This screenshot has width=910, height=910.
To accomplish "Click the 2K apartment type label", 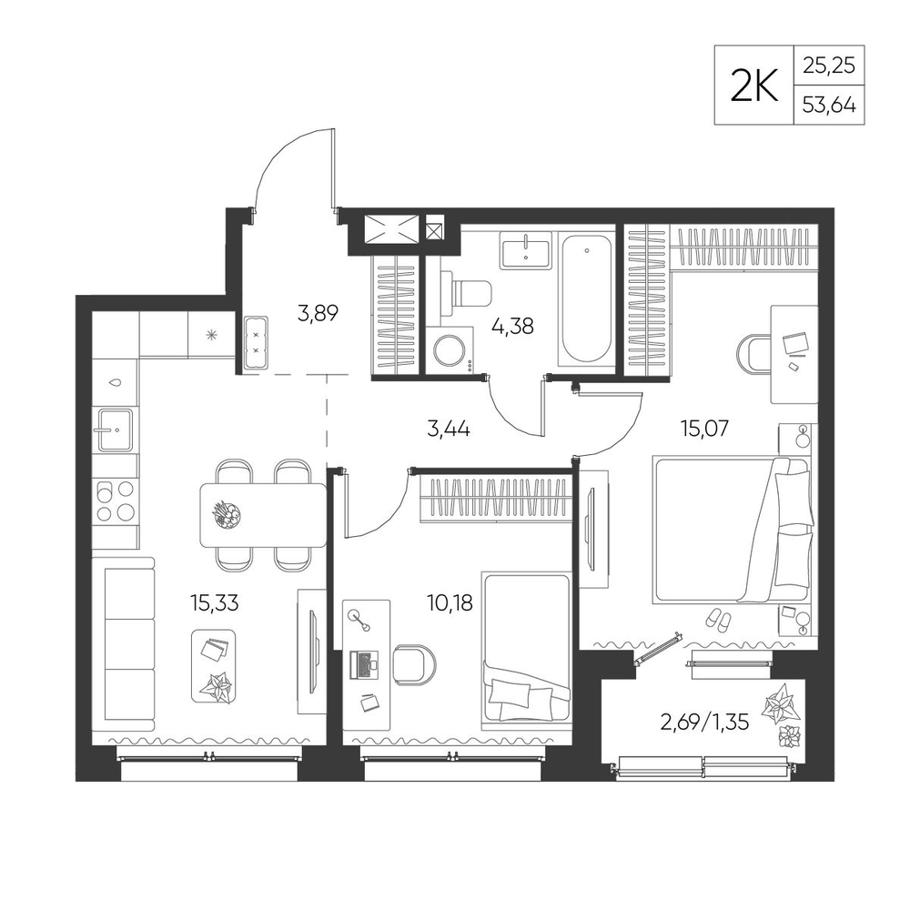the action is point(753,86).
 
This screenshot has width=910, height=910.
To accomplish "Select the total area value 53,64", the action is point(829,106).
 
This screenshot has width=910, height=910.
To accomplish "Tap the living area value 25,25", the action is point(829,66).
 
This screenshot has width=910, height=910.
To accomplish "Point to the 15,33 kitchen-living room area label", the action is point(214,603).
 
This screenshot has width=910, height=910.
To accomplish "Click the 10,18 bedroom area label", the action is point(450,603).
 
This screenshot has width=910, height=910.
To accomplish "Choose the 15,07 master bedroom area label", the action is point(704,429).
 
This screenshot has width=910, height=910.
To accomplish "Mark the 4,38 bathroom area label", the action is point(511,326).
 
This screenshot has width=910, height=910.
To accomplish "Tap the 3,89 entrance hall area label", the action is point(318,313).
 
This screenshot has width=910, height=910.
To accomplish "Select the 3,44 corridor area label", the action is point(448,430).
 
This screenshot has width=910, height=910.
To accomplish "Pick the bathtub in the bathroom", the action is point(587,299).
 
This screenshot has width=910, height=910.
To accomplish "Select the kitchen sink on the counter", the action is point(116,430).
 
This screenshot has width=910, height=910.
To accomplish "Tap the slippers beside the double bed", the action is point(719,621).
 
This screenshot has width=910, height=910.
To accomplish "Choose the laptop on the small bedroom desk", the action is point(363,665).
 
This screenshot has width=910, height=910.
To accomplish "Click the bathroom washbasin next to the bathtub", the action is point(526,250).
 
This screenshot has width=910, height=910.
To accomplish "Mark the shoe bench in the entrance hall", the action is point(256,343).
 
